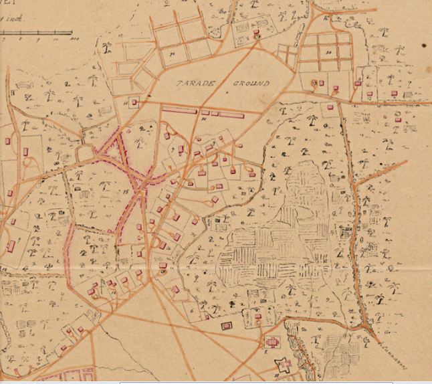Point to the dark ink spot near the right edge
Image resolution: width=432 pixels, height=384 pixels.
tap(424, 45)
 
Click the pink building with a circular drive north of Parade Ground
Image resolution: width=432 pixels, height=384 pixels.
tap(257, 35)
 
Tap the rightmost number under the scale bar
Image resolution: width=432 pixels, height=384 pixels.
tap(69, 39)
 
